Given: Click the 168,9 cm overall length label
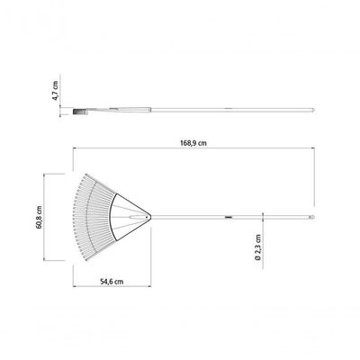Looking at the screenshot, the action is tap(193, 143).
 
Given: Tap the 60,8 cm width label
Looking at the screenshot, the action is tap(40, 217).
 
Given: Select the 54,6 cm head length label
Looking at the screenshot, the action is tap(112, 282).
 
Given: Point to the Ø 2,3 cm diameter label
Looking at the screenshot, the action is tap(258, 247).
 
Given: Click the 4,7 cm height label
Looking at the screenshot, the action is tap(56, 90).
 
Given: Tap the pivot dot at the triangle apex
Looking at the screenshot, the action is tap(147, 216).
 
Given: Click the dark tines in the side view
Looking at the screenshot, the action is tap(80, 112).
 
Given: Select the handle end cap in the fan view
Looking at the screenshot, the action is tap(311, 217).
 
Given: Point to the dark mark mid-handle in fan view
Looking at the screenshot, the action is tap(229, 217).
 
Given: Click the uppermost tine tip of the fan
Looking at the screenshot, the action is tap(86, 175).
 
